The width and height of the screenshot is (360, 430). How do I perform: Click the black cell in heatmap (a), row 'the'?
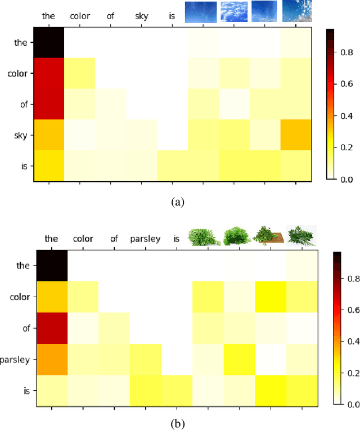click(x=48, y=42)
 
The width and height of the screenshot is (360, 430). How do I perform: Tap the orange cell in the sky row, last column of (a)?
click(x=295, y=135)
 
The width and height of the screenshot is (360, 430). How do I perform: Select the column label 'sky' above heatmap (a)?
click(x=142, y=16)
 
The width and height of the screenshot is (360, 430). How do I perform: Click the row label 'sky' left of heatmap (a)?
click(x=21, y=135)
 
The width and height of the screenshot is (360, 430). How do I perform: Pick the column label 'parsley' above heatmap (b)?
click(x=145, y=239)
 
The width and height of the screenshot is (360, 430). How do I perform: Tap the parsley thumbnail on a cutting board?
click(x=269, y=235)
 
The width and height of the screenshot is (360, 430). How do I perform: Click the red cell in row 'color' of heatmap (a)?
click(x=48, y=73)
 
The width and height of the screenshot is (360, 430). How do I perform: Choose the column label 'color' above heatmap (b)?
click(x=83, y=239)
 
